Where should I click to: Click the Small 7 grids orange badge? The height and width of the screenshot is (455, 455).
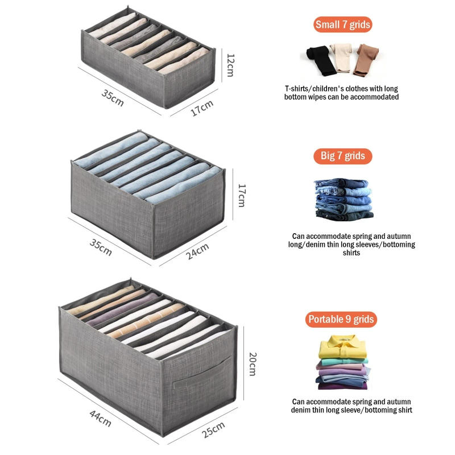coord(343,24)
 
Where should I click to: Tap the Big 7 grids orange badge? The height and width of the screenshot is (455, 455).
coord(343,156)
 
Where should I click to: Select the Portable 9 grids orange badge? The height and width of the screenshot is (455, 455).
coord(341,319)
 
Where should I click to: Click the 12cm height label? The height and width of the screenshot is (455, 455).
coord(230,65)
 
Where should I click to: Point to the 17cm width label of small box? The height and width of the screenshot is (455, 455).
coord(201,107)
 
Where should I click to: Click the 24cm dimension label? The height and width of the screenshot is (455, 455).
coord(197,251)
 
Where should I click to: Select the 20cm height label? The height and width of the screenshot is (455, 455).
coord(253,364)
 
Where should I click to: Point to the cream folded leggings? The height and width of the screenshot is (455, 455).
coord(341,58)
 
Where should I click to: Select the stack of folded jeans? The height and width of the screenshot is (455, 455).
coord(343,199)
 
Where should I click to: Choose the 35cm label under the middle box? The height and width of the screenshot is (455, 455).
coord(100,247)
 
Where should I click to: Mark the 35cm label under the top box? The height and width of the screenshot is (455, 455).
coord(112,97)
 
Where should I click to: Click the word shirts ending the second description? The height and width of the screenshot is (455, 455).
coord(351,253)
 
